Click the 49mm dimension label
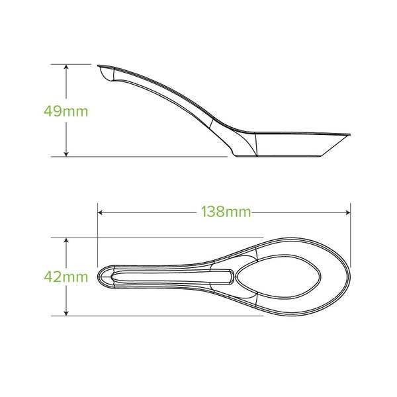pos(66,111)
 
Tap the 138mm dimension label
pos(226,212)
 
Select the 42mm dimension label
pos(66,277)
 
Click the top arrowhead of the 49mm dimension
pos(66,67)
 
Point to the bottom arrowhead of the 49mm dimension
pos(66,154)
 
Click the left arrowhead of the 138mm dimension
pos(100,212)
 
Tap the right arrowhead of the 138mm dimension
pos(348,212)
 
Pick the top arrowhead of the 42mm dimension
pos(66,240)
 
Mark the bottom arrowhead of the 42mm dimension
pos(66,313)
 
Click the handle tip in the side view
pos(99,66)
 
